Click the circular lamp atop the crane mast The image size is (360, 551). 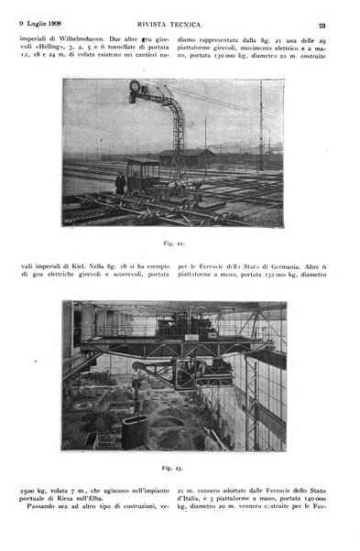[136, 88]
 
